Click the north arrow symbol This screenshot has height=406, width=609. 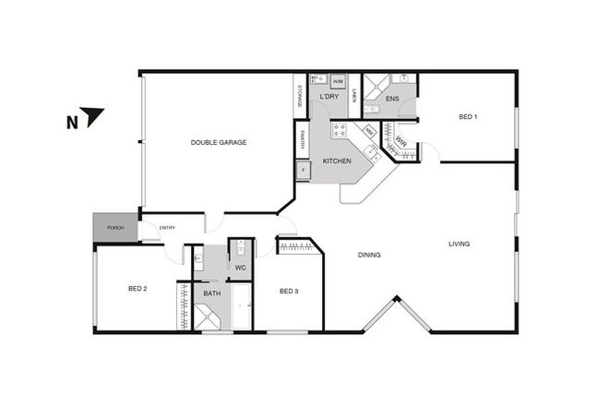92,116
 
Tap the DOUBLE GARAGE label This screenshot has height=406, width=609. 218,142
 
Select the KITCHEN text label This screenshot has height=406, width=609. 337,162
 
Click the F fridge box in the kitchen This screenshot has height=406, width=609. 302,171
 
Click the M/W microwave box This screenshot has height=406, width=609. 369,132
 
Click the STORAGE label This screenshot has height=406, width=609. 300,95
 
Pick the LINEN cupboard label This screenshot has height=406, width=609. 353,95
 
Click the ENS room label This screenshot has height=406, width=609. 392,99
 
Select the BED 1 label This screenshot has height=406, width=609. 468,117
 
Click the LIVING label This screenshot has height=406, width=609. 459,245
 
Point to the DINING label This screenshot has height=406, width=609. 369,256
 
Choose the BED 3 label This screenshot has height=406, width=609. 289,292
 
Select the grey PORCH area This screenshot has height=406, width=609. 115,228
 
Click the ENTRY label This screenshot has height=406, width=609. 167,228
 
